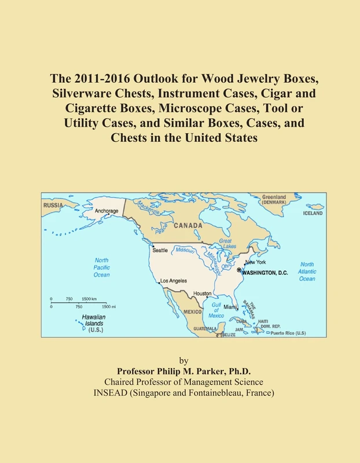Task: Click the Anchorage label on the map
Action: click(x=106, y=211)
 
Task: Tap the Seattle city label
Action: click(x=160, y=250)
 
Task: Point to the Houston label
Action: click(x=202, y=293)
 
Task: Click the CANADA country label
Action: click(x=188, y=225)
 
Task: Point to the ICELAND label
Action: click(x=313, y=214)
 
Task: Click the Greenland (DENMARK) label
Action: click(x=274, y=200)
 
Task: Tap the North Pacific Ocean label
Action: click(x=101, y=267)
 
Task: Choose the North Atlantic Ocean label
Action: click(x=307, y=271)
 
